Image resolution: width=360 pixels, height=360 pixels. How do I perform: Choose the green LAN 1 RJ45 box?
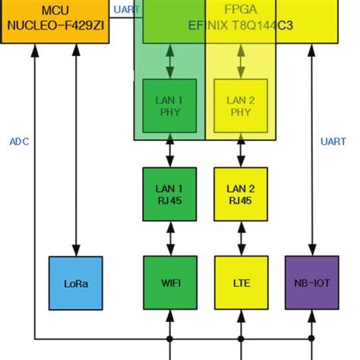point(169,193)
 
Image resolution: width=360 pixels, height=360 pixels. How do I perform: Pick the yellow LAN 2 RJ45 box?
point(241,193)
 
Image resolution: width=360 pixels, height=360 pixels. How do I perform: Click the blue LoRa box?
point(75,283)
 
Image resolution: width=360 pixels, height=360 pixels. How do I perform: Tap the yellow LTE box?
point(241,283)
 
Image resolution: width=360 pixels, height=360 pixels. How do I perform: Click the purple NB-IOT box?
point(311,283)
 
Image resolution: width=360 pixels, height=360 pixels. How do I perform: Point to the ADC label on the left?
point(19,141)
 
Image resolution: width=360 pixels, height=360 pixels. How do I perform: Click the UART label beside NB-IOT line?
point(333,141)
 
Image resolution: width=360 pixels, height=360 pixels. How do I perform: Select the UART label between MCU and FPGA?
point(126,10)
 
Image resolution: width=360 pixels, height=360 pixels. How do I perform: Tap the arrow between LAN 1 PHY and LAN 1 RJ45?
point(169,153)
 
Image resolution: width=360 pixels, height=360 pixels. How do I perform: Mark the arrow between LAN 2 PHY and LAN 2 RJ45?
point(241,153)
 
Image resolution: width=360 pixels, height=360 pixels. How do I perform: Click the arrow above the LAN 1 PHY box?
point(169,59)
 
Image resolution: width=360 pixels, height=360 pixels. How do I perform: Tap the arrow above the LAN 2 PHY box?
point(241,59)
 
